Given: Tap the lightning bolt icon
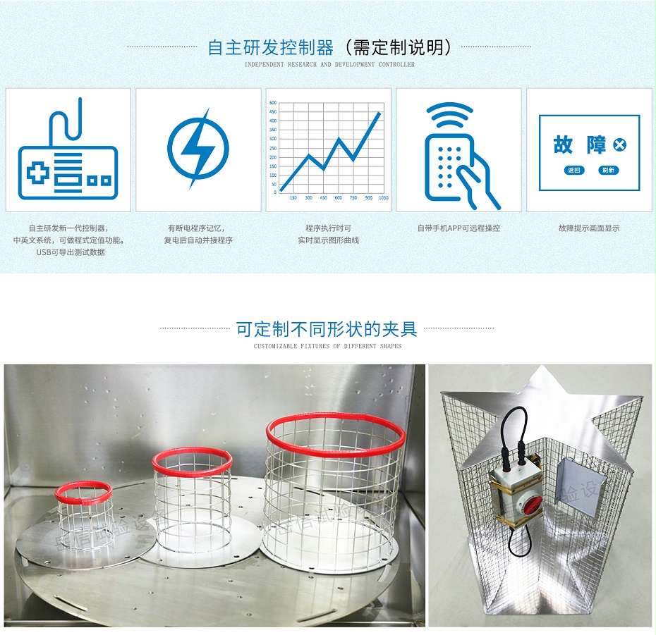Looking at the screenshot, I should click(198, 148).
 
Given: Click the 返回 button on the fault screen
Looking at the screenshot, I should click(575, 171).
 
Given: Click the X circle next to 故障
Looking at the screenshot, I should click(619, 145).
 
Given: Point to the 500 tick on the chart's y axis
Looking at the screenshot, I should click(273, 103).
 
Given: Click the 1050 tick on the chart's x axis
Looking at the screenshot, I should click(383, 198).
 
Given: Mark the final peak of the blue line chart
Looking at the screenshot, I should click(379, 113).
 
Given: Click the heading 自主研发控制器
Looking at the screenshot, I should click(270, 48).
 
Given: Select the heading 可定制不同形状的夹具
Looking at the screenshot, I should click(327, 329).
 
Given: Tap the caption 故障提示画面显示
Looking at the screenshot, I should click(588, 228).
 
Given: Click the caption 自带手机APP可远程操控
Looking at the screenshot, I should click(458, 228).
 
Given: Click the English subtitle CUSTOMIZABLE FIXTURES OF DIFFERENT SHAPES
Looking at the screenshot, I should click(327, 347).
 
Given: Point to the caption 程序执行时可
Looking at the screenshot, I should click(328, 228).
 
